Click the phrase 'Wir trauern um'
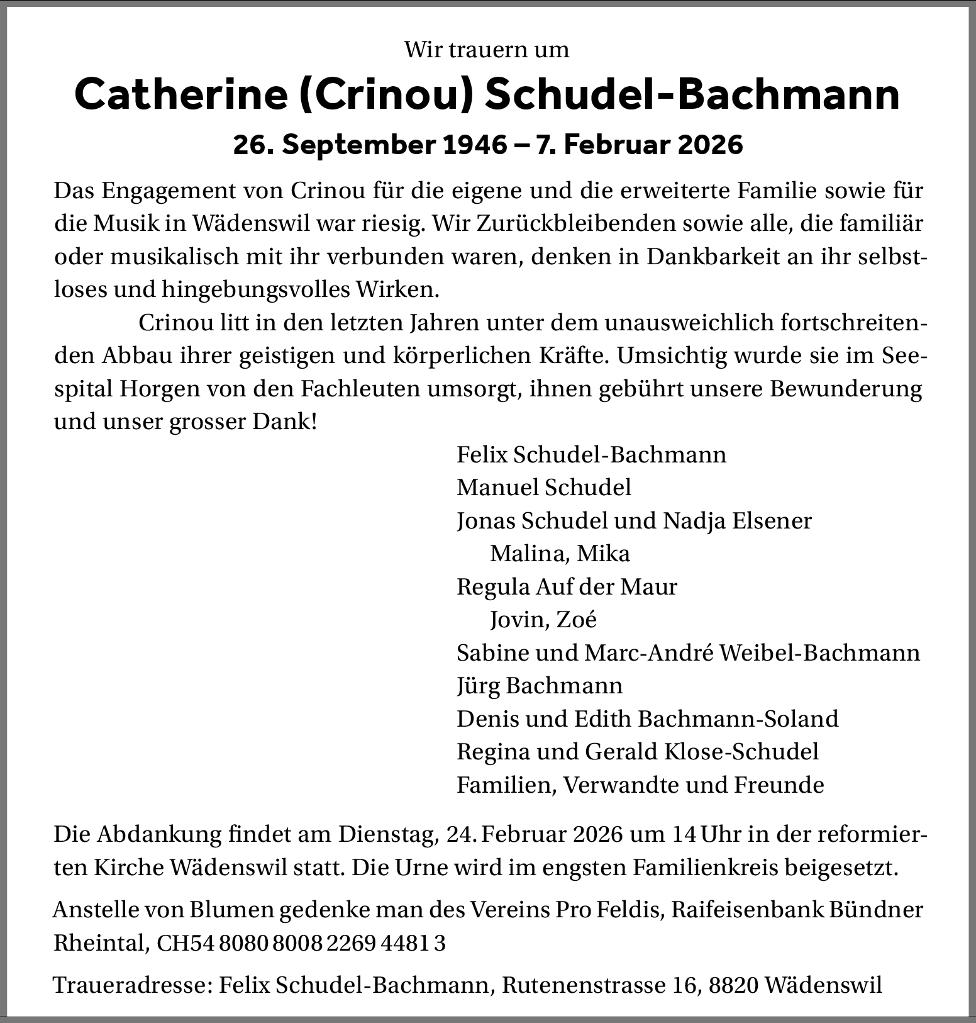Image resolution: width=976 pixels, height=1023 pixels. tap(487, 50)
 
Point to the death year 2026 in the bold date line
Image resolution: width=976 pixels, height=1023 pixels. tap(711, 145)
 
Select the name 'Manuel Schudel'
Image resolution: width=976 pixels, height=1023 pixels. tap(544, 487)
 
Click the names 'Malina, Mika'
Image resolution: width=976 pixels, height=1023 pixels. tap(560, 554)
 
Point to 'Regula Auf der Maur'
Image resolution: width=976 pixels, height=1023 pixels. tap(567, 587)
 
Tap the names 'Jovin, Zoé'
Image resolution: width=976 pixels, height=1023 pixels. tap(543, 620)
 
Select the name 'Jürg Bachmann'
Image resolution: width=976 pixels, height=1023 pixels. tap(540, 685)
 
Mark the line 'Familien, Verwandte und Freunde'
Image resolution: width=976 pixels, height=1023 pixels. tap(640, 785)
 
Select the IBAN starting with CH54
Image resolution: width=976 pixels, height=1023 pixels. tap(301, 944)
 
